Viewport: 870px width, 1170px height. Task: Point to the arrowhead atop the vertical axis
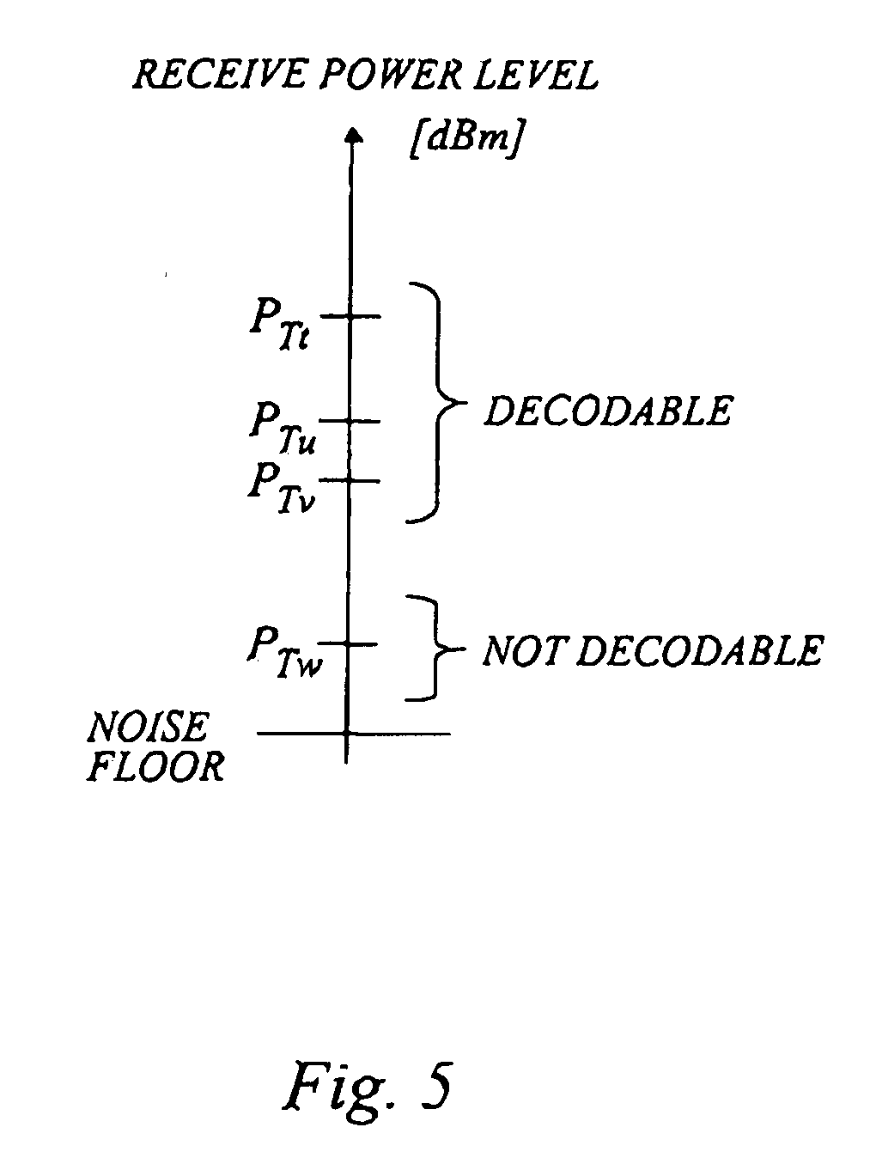pyautogui.click(x=354, y=134)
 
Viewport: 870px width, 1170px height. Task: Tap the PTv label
pyautogui.click(x=282, y=488)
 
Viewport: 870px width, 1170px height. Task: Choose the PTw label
pyautogui.click(x=283, y=652)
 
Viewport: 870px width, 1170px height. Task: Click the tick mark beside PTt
pyautogui.click(x=350, y=316)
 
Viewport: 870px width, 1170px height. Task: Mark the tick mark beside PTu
pyautogui.click(x=350, y=421)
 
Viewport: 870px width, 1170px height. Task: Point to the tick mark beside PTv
pyautogui.click(x=350, y=480)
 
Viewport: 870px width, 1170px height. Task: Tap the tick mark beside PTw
pyautogui.click(x=348, y=643)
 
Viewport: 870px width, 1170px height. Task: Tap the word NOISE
pyautogui.click(x=149, y=727)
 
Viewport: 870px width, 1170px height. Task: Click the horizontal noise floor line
pyautogui.click(x=354, y=734)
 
